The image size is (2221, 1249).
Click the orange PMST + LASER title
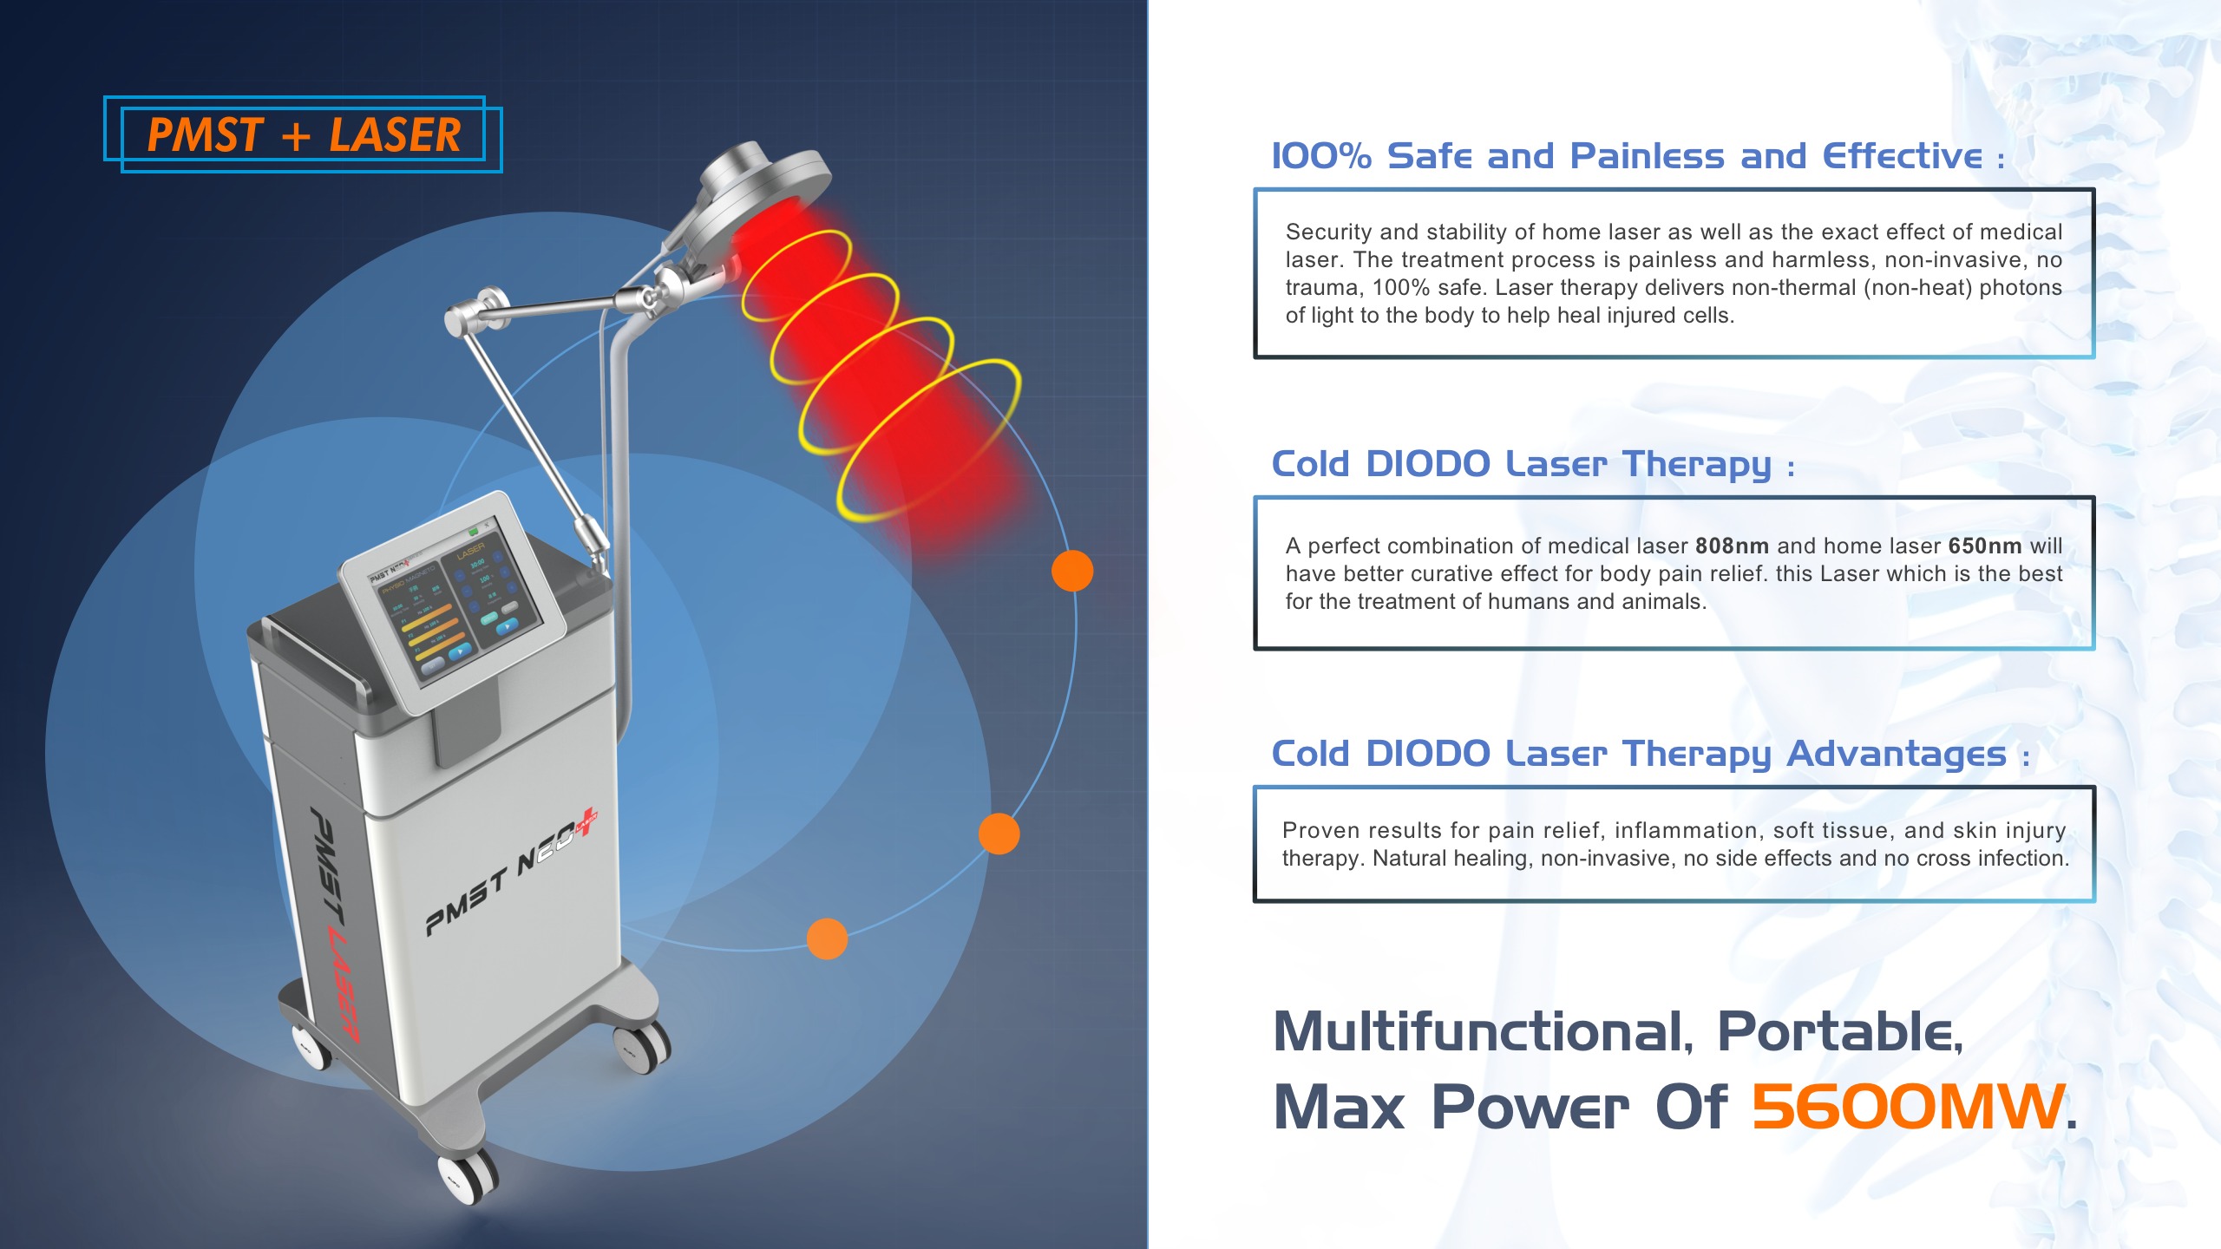tap(304, 135)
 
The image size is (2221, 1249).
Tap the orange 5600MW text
tap(1907, 1107)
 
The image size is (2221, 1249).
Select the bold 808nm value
tap(1732, 546)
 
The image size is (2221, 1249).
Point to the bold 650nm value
tap(1985, 546)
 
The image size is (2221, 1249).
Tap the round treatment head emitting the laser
tap(763, 186)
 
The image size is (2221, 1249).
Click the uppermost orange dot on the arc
tap(1072, 571)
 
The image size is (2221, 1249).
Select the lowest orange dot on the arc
tap(827, 938)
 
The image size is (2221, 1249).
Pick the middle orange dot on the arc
tap(999, 834)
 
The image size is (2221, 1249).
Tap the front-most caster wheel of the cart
tap(468, 1178)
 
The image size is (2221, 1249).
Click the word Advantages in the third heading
tap(1897, 754)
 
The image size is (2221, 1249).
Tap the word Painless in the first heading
tap(1647, 157)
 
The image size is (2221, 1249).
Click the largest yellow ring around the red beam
tap(928, 441)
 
